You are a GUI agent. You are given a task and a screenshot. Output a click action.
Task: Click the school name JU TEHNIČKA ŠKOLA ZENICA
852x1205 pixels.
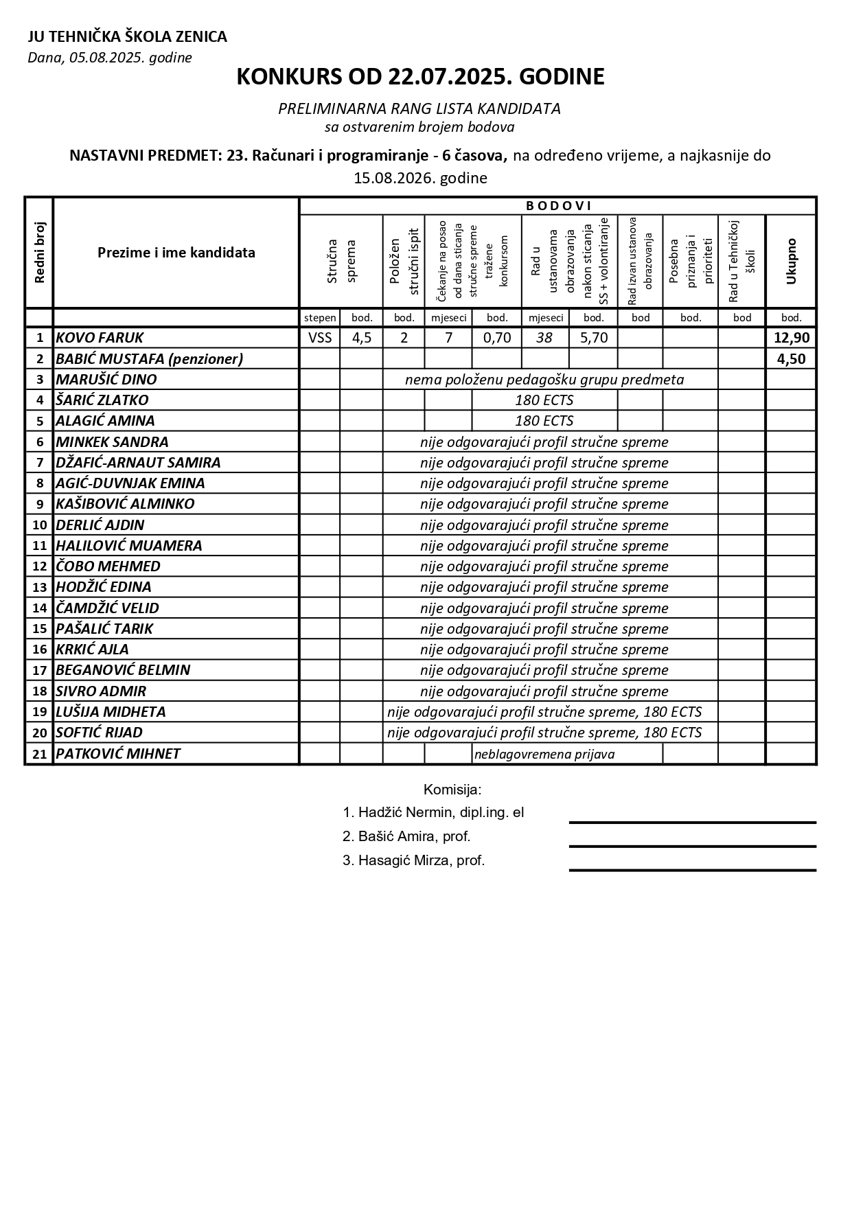127,37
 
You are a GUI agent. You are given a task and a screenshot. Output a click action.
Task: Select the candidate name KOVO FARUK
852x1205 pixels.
100,338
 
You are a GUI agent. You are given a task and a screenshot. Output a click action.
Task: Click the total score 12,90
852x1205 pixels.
791,338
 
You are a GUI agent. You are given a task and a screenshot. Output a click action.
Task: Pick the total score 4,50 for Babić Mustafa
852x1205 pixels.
791,358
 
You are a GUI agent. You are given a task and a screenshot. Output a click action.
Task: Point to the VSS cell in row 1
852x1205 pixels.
320,338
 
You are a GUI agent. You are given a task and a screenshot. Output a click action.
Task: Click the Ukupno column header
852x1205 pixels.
791,261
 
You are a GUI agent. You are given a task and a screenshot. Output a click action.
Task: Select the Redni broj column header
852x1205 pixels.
39,253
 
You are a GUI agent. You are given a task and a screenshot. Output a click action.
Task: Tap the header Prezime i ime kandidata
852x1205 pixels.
176,253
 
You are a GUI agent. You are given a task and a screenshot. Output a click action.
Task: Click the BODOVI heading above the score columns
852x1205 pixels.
558,206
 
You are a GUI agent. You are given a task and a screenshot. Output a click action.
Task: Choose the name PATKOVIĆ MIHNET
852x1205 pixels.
117,754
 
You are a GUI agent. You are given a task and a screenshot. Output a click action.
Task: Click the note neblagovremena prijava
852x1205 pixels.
544,755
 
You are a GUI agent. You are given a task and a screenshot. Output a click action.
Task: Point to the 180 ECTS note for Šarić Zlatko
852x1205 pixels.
544,400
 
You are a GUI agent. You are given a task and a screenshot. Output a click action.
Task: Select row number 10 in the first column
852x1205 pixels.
40,525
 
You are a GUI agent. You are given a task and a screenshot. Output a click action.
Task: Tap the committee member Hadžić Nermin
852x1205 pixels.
433,813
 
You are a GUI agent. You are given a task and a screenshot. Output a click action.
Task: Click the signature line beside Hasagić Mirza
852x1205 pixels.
692,869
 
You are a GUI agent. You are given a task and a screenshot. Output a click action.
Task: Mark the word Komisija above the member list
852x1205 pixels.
452,790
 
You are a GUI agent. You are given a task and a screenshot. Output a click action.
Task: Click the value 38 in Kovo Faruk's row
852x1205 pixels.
544,338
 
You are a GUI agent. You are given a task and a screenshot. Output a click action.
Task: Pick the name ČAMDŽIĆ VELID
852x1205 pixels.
107,608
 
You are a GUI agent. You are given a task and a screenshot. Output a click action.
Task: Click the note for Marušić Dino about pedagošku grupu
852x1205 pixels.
544,380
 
